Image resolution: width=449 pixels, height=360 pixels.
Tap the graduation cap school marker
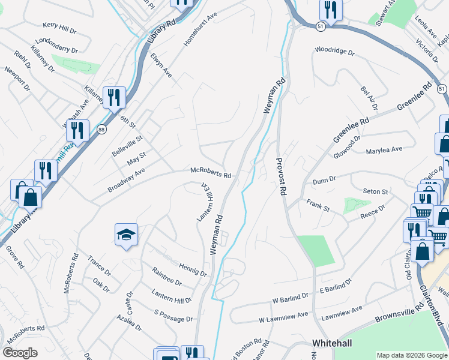click(127, 235)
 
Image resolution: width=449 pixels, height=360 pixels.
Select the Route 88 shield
click(101, 129)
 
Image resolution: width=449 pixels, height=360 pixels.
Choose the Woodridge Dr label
click(335, 52)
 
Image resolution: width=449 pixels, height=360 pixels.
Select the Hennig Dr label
click(193, 268)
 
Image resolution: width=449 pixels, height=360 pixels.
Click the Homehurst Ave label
click(200, 29)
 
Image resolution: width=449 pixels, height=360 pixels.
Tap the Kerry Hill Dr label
click(59, 28)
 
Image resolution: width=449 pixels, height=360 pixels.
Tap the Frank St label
click(318, 206)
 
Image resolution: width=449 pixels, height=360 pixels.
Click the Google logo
click(19, 353)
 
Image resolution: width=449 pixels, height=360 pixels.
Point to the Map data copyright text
click(412, 355)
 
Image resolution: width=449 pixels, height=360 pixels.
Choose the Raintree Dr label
click(166, 277)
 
